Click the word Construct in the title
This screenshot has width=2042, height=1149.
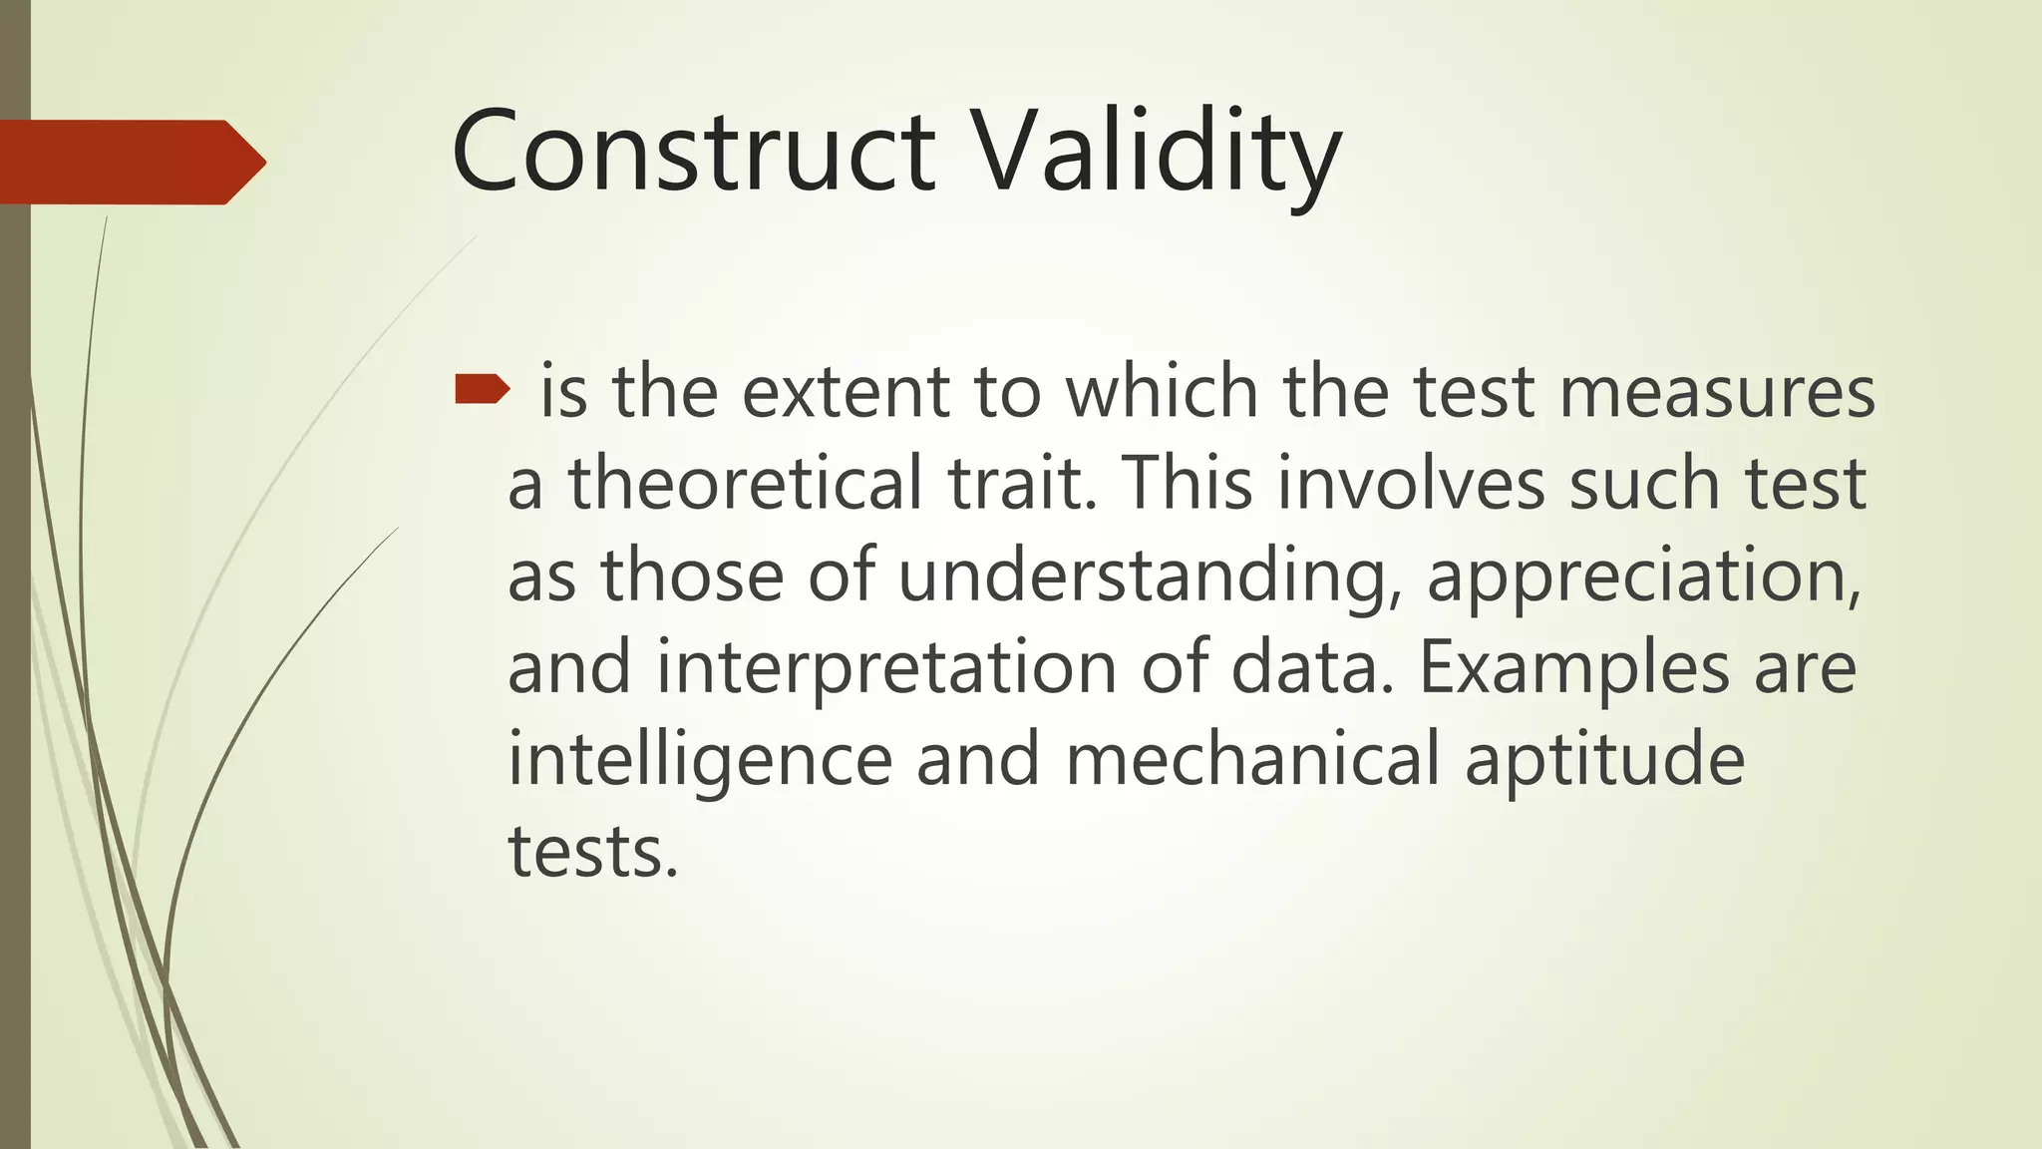(x=692, y=152)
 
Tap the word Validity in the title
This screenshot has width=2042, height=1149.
(x=1156, y=155)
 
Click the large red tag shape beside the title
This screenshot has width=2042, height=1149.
(x=130, y=162)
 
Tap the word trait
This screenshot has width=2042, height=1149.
(x=1021, y=485)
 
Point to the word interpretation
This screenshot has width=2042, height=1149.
(x=886, y=669)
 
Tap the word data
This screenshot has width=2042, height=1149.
(x=1311, y=667)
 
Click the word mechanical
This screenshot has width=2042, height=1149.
(x=1253, y=760)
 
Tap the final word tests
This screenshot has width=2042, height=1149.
(x=592, y=853)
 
